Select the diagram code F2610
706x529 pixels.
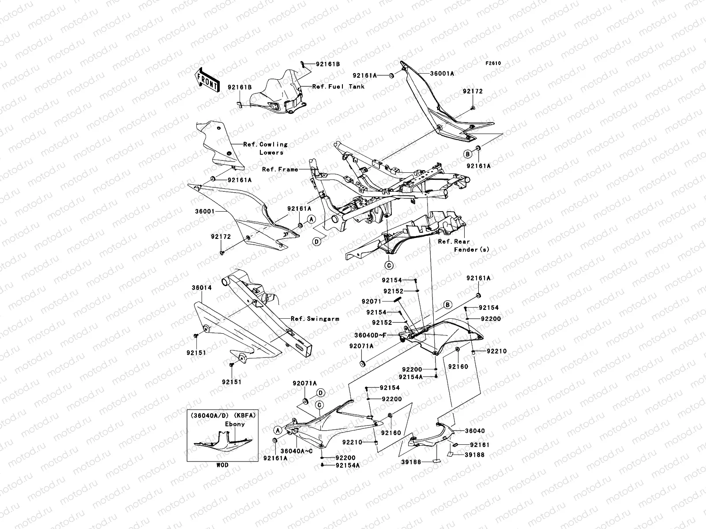[x=494, y=63]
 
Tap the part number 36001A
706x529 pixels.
[x=442, y=74]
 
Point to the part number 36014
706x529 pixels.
[x=201, y=288]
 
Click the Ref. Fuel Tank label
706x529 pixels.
[x=338, y=87]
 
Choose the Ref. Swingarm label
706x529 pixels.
[x=315, y=319]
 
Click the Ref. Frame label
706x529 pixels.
[x=280, y=169]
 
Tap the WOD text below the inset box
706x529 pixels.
[x=222, y=465]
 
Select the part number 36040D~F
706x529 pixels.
[x=370, y=335]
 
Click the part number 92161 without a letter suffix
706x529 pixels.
[x=480, y=445]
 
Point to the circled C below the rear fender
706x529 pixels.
[x=389, y=265]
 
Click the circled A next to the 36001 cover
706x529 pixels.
[x=311, y=219]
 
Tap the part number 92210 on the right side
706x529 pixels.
[x=497, y=351]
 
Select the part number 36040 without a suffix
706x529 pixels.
[x=474, y=431]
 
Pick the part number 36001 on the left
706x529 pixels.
[x=204, y=211]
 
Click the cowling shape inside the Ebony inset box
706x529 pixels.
[x=222, y=443]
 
